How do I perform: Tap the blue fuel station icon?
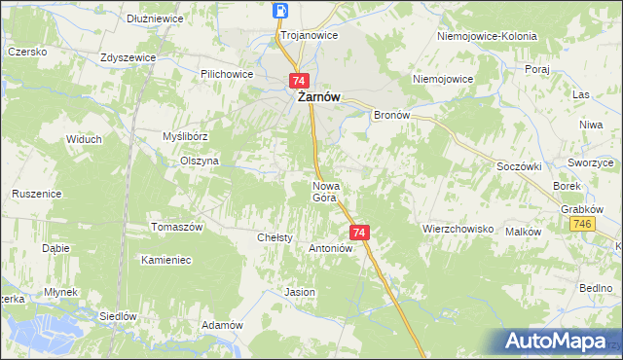(280, 11)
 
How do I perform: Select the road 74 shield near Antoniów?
(359, 233)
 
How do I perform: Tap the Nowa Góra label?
(324, 192)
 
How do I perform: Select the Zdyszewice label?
(128, 57)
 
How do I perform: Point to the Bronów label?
(395, 114)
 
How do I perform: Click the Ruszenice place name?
(37, 194)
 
